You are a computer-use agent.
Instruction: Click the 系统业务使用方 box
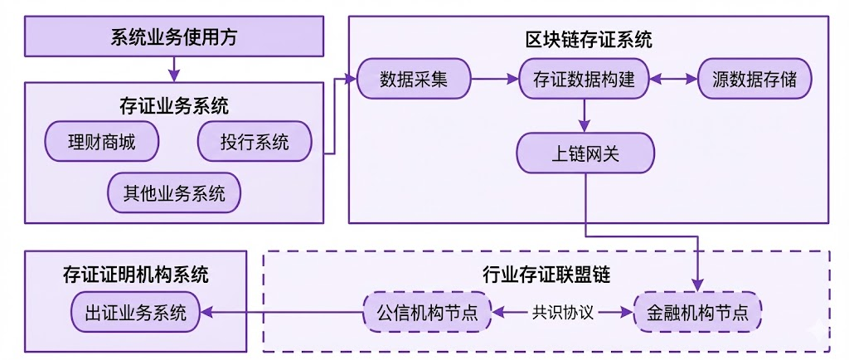[x=174, y=36]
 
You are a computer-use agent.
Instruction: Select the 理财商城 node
[x=102, y=143]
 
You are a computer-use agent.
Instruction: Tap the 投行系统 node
[x=255, y=143]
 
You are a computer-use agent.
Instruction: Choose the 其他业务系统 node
[x=174, y=194]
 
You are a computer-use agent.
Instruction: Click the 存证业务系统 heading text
[x=174, y=106]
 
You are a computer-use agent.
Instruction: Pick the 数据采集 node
[x=414, y=80]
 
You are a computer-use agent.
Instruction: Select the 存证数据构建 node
[x=585, y=80]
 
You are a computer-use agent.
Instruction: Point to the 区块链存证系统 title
[x=589, y=39]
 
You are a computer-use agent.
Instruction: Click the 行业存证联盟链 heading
[x=546, y=272]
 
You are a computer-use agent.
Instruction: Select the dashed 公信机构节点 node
[x=427, y=313]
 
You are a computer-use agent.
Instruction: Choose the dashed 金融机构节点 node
[x=697, y=313]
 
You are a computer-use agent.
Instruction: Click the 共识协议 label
[x=562, y=313]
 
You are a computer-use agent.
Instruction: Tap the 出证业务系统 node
[x=135, y=313]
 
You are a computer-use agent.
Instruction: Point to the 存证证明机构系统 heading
[x=136, y=274]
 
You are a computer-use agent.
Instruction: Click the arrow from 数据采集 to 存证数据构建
[x=495, y=80]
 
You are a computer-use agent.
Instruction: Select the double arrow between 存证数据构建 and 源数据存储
[x=673, y=80]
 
